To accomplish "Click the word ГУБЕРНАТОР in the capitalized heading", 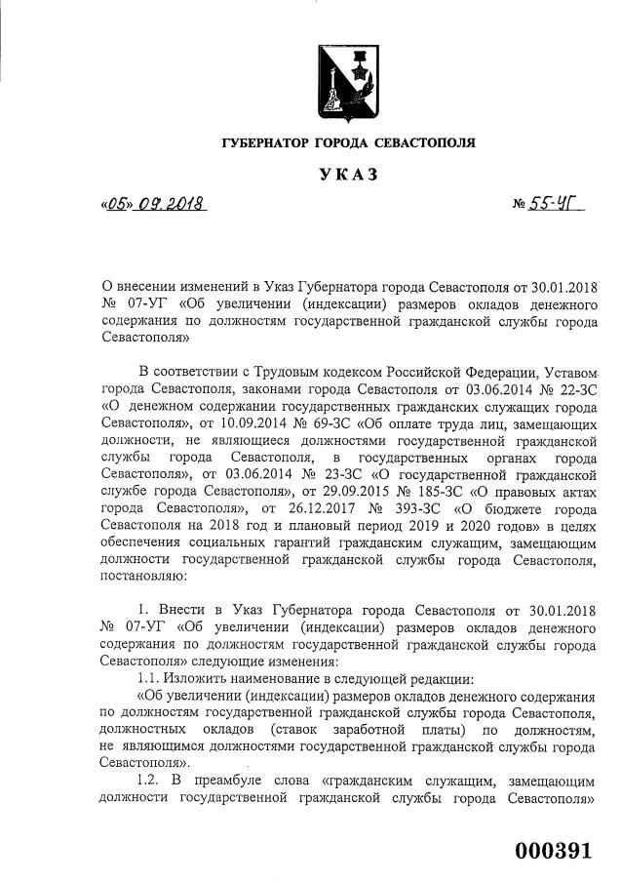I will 264,143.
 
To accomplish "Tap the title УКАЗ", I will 347,176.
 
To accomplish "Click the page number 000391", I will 553,850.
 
